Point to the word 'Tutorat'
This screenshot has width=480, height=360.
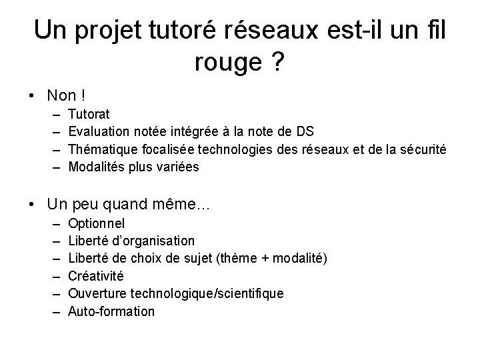pyautogui.click(x=89, y=115)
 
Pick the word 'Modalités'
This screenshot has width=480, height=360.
pyautogui.click(x=95, y=167)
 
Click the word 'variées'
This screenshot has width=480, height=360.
pyautogui.click(x=177, y=167)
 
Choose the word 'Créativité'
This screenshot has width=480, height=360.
pyautogui.click(x=96, y=275)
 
